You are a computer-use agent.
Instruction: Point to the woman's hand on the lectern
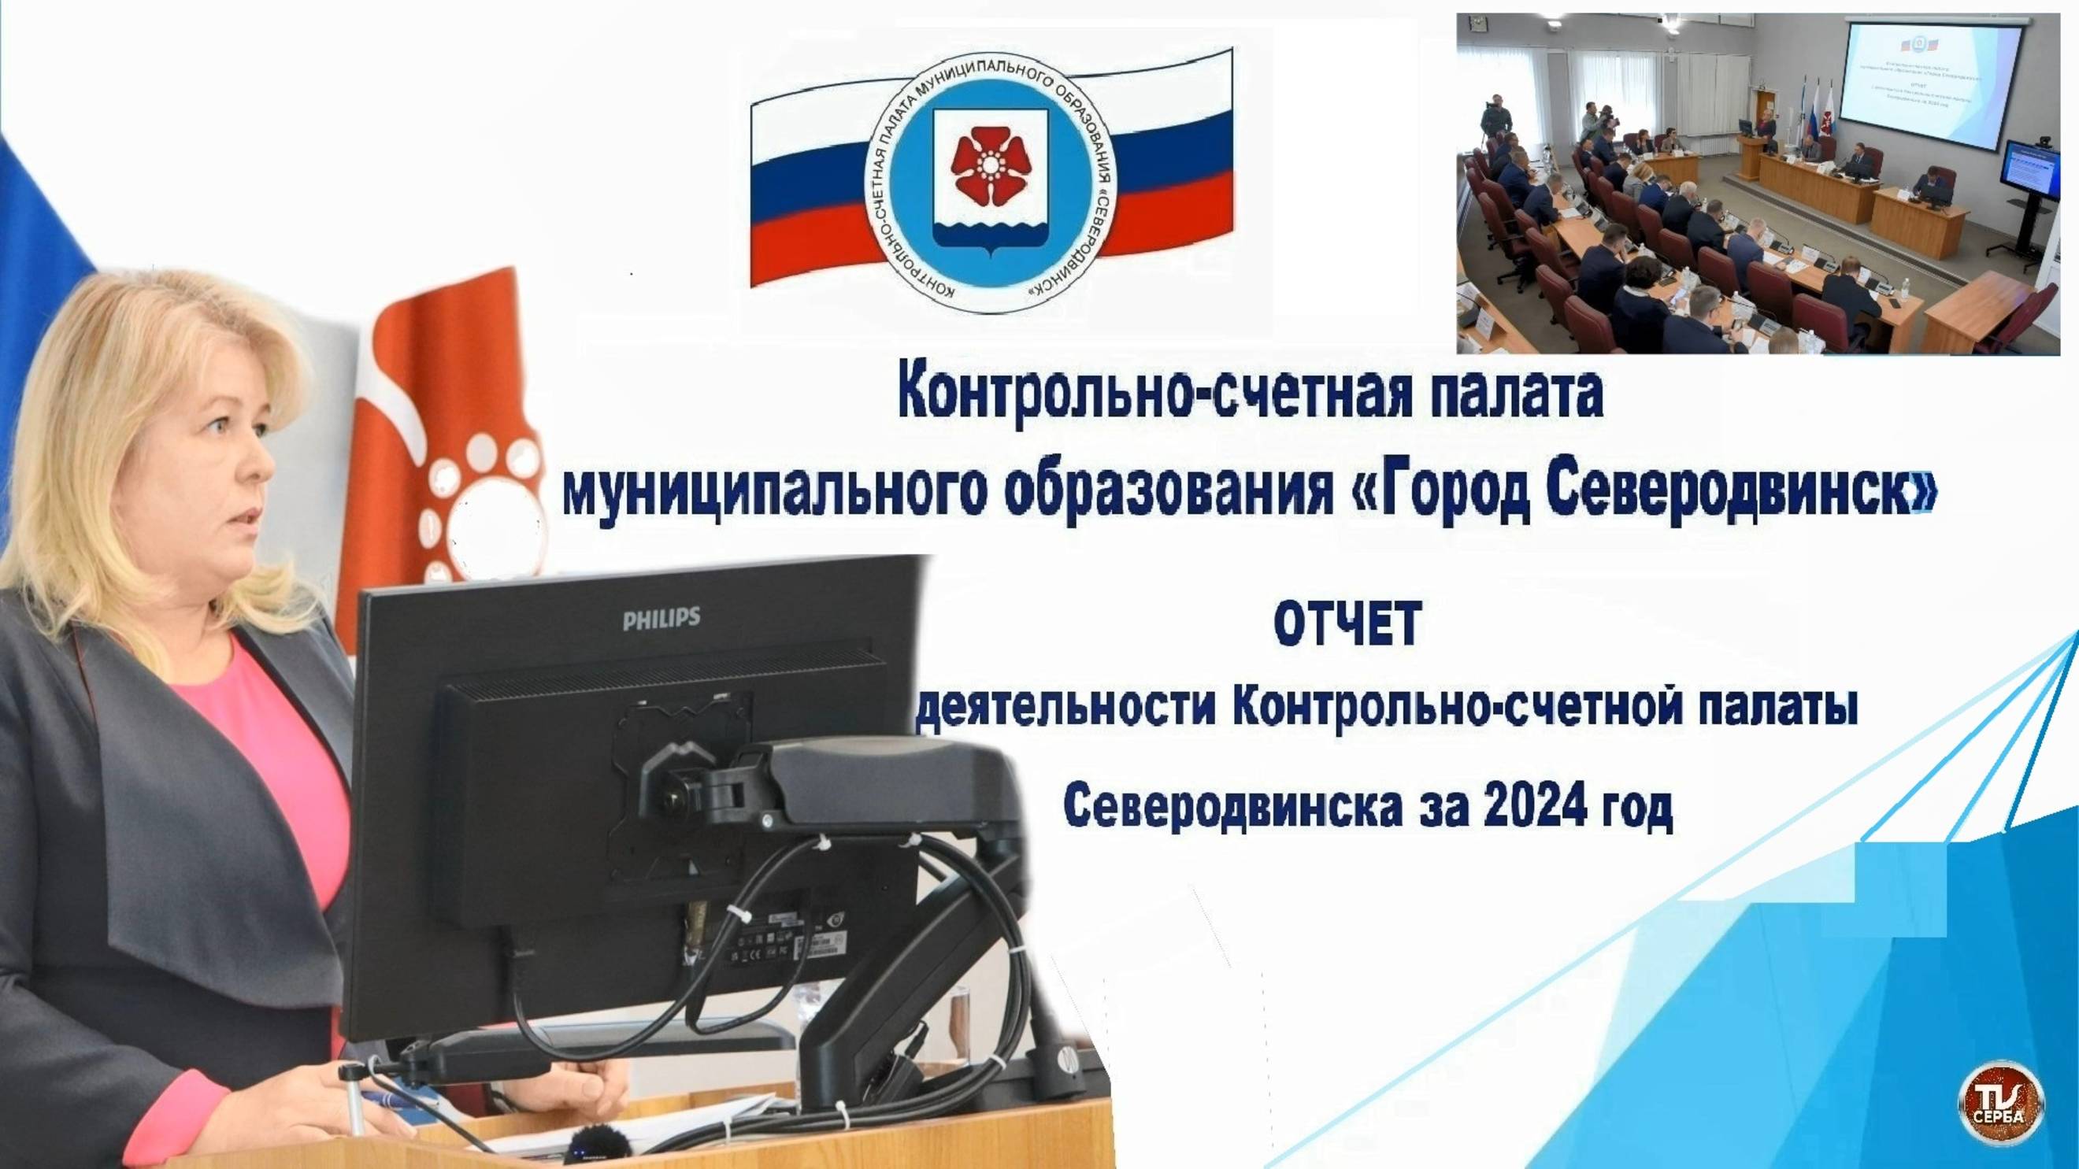point(339,1105)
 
